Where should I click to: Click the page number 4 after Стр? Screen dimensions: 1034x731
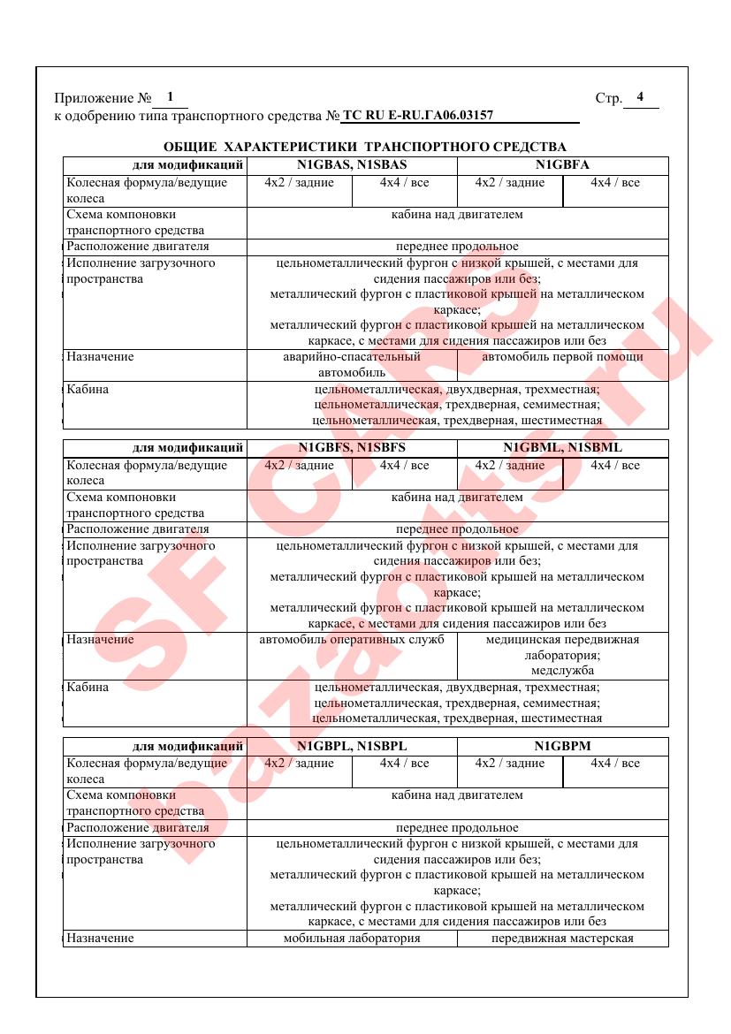coord(640,97)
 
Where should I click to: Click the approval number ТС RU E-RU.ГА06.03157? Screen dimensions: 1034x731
coord(417,115)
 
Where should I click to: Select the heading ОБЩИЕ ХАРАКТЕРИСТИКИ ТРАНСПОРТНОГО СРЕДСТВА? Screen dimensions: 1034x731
coord(365,147)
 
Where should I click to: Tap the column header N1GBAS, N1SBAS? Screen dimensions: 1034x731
coord(352,165)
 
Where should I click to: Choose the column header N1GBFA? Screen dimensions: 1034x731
coord(562,165)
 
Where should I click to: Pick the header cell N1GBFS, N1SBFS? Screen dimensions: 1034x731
coord(352,448)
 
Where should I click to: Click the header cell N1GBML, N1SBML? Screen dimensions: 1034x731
coord(562,448)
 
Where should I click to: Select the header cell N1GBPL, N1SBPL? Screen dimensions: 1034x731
coord(352,746)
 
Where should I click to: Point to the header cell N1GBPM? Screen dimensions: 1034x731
coord(562,746)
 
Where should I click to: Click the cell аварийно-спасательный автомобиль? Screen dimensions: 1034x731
coord(352,365)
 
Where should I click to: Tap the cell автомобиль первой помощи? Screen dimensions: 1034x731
coord(562,358)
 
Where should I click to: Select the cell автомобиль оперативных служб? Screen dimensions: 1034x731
coord(352,640)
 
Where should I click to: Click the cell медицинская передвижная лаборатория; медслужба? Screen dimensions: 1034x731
coord(562,655)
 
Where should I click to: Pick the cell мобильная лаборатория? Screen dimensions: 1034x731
coord(352,939)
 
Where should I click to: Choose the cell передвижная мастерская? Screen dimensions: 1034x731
coord(562,939)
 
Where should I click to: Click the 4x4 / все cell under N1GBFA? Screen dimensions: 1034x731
coord(615,183)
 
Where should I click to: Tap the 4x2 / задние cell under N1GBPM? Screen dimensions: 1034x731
coord(510,764)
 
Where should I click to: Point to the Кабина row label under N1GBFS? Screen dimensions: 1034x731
coord(88,688)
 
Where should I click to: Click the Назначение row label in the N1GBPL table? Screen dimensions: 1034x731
coord(100,939)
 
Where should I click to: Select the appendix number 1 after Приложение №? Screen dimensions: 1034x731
coord(170,97)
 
